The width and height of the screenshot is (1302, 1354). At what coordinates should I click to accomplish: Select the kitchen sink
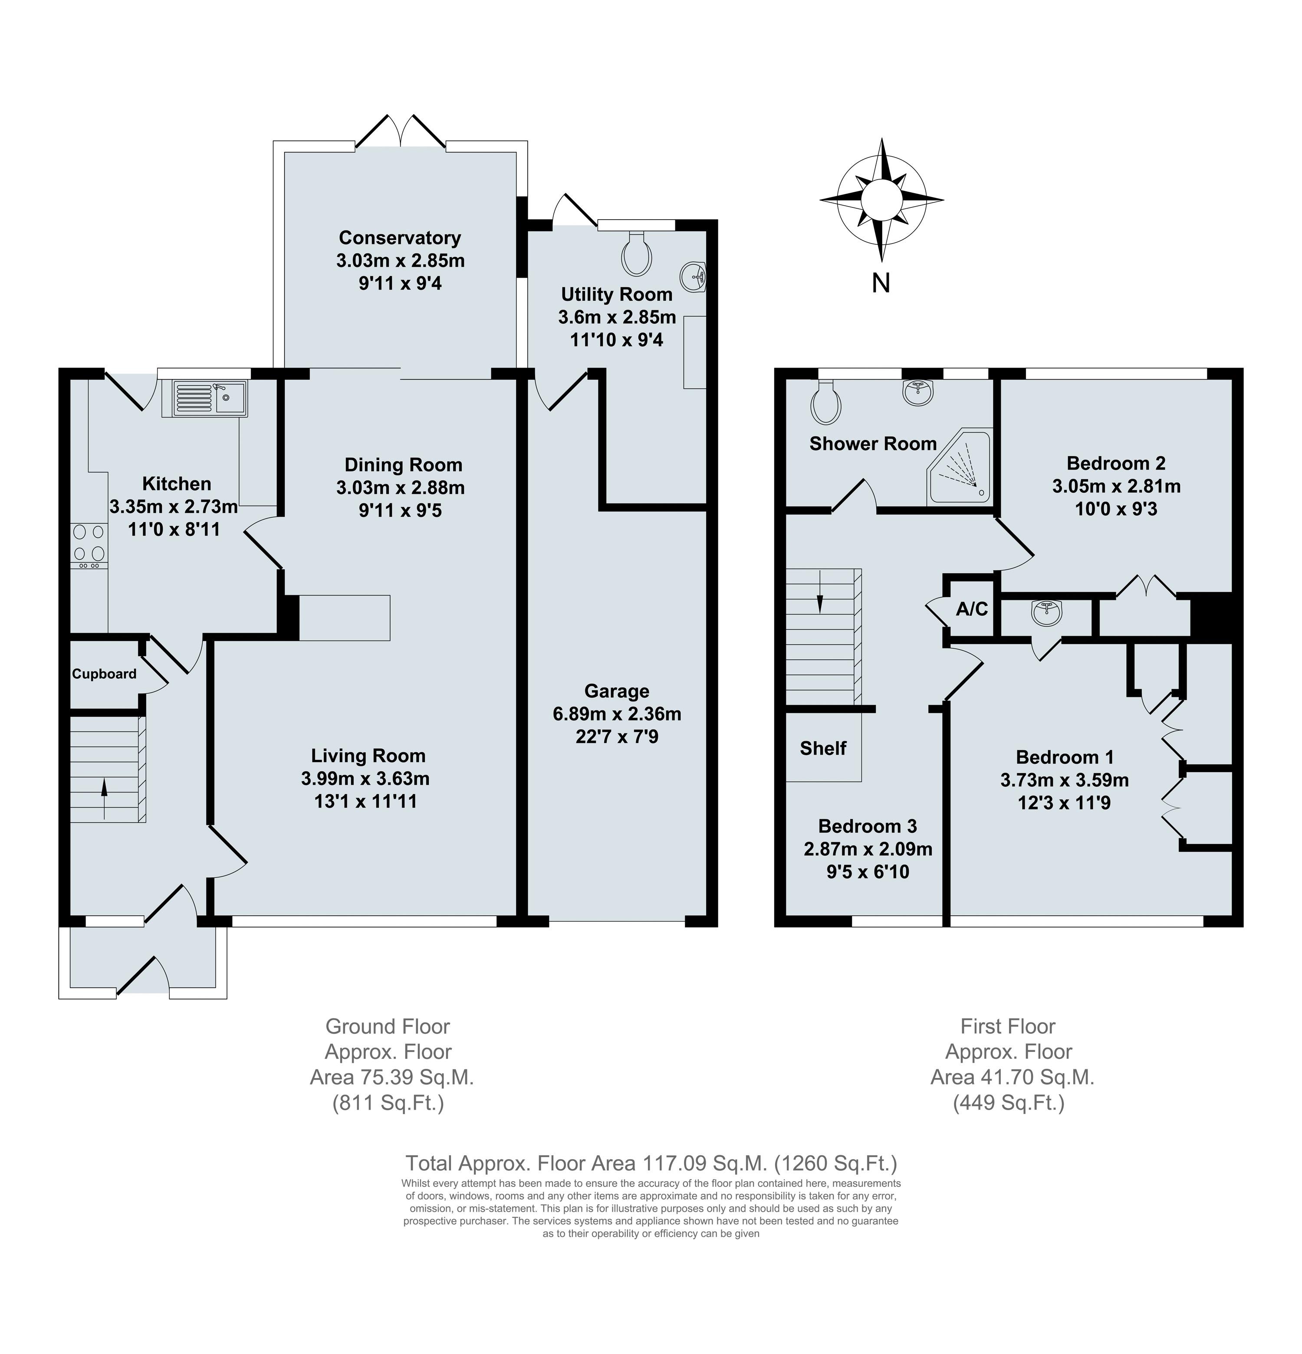[204, 398]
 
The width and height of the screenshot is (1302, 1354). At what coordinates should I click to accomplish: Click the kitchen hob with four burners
[89, 543]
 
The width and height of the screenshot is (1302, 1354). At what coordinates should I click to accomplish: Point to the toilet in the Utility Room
[636, 255]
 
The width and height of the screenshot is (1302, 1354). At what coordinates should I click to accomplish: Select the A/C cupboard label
[972, 608]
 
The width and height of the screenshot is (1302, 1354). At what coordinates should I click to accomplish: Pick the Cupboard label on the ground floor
[104, 674]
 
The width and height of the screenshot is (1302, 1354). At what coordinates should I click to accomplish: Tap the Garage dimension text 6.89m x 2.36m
[617, 713]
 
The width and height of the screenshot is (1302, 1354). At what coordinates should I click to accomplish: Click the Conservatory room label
[400, 238]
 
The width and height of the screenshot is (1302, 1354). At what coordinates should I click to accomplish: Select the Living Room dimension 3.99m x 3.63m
[365, 779]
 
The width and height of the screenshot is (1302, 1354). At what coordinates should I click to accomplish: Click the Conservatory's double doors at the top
[401, 131]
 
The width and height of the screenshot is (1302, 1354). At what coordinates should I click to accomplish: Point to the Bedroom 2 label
[1115, 463]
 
